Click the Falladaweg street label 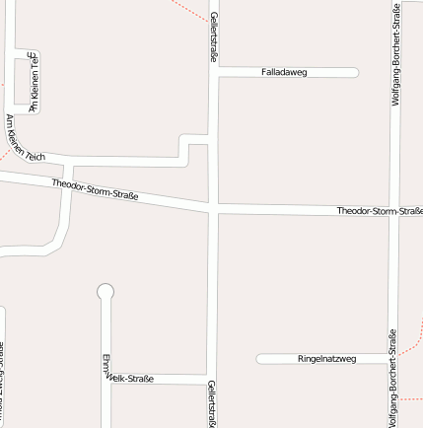(285, 72)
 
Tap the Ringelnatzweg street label (327, 359)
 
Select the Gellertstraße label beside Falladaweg (213, 37)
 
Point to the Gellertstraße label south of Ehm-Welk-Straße (212, 403)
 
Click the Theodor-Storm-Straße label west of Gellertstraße (96, 189)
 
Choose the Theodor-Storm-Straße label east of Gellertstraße (380, 211)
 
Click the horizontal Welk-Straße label (131, 379)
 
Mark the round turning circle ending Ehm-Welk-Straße (106, 291)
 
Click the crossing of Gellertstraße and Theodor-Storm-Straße (213, 209)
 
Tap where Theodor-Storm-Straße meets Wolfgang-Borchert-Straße (393, 211)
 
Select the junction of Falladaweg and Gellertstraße (213, 72)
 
